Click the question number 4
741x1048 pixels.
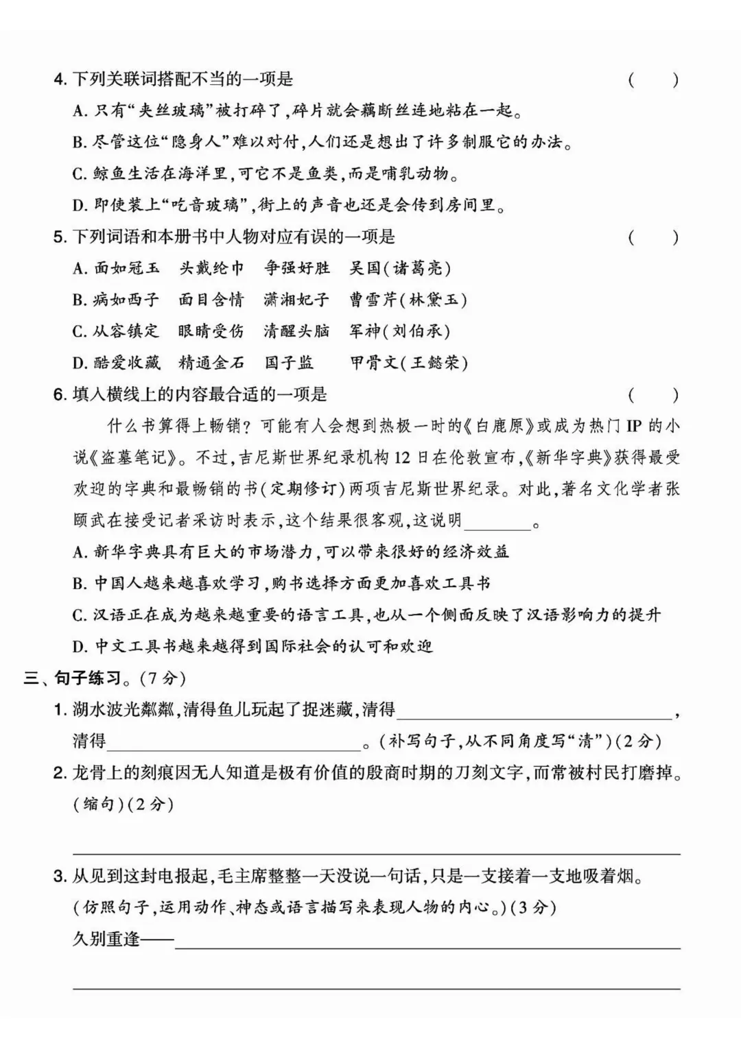click(59, 80)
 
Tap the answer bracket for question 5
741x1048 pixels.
click(652, 237)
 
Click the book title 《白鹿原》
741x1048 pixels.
click(499, 426)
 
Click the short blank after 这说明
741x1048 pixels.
click(497, 521)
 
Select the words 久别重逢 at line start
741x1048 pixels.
click(106, 938)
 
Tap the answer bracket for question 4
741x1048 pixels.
click(652, 80)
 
